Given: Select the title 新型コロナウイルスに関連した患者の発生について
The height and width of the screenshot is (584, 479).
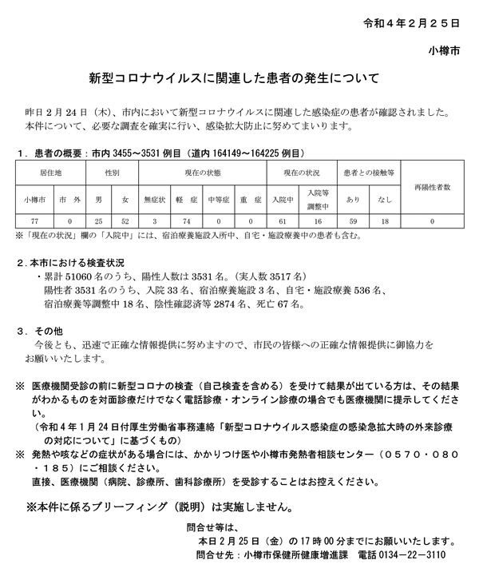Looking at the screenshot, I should pyautogui.click(x=239, y=79).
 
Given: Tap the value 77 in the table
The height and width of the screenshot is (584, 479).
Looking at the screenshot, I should pyautogui.click(x=33, y=220).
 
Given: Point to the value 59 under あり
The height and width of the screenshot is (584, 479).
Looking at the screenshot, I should pyautogui.click(x=353, y=220).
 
